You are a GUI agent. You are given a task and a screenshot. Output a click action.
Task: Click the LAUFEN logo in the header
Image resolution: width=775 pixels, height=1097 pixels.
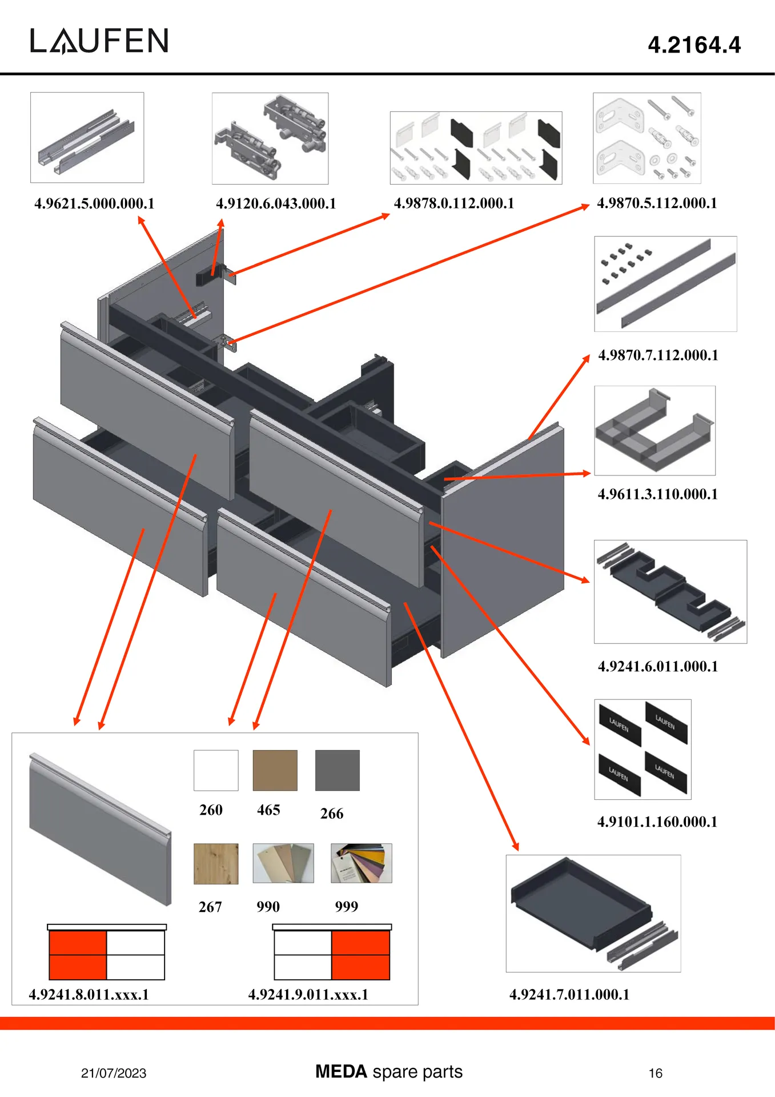pos(99,41)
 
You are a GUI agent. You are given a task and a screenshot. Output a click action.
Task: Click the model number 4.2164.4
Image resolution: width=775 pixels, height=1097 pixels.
pos(694,45)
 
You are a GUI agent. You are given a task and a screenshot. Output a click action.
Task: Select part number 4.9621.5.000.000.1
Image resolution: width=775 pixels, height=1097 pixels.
pos(94,203)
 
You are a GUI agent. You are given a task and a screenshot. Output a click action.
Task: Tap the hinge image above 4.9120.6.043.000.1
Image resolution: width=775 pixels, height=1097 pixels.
pos(270,138)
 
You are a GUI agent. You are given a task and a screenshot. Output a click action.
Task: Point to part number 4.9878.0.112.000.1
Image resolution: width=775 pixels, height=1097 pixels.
pos(454,203)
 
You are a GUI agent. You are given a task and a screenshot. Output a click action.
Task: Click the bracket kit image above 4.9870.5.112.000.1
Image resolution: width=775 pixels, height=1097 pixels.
pos(646,138)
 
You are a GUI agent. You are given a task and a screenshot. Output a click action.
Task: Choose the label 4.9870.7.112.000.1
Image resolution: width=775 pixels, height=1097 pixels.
pos(658,355)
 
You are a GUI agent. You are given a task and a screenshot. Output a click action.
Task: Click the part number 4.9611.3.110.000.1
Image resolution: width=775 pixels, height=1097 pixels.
pos(657,494)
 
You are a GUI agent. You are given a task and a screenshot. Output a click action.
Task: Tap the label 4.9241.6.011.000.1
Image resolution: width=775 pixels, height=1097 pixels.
pos(658,666)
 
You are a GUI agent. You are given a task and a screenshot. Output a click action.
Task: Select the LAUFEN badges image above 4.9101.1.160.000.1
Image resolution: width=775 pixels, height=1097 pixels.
pos(643,749)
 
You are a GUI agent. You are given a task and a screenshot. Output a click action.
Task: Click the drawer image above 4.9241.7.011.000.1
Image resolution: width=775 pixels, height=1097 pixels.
pos(593,913)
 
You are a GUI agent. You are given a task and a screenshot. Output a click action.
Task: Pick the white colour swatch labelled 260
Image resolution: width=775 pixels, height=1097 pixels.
pos(216,770)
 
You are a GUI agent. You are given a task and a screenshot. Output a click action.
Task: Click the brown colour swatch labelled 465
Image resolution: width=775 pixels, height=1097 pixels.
pos(275,770)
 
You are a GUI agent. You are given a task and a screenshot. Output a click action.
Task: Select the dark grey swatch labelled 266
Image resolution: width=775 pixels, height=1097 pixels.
pos(338,770)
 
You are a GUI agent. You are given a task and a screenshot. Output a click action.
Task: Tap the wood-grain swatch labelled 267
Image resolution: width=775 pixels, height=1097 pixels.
pos(216,863)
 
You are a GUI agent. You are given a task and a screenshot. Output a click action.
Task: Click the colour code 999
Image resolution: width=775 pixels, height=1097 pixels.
pos(347,907)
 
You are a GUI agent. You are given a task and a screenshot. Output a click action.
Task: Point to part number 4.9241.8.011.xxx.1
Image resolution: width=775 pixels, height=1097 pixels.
pos(89,995)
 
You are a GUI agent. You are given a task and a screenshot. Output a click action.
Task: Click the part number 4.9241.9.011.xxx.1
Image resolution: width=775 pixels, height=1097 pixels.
pos(308,995)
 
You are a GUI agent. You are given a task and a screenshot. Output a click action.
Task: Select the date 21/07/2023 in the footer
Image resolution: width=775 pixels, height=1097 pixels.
pos(114,1073)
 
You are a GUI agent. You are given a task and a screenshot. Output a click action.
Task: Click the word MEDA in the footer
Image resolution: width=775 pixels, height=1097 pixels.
pos(341,1071)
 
